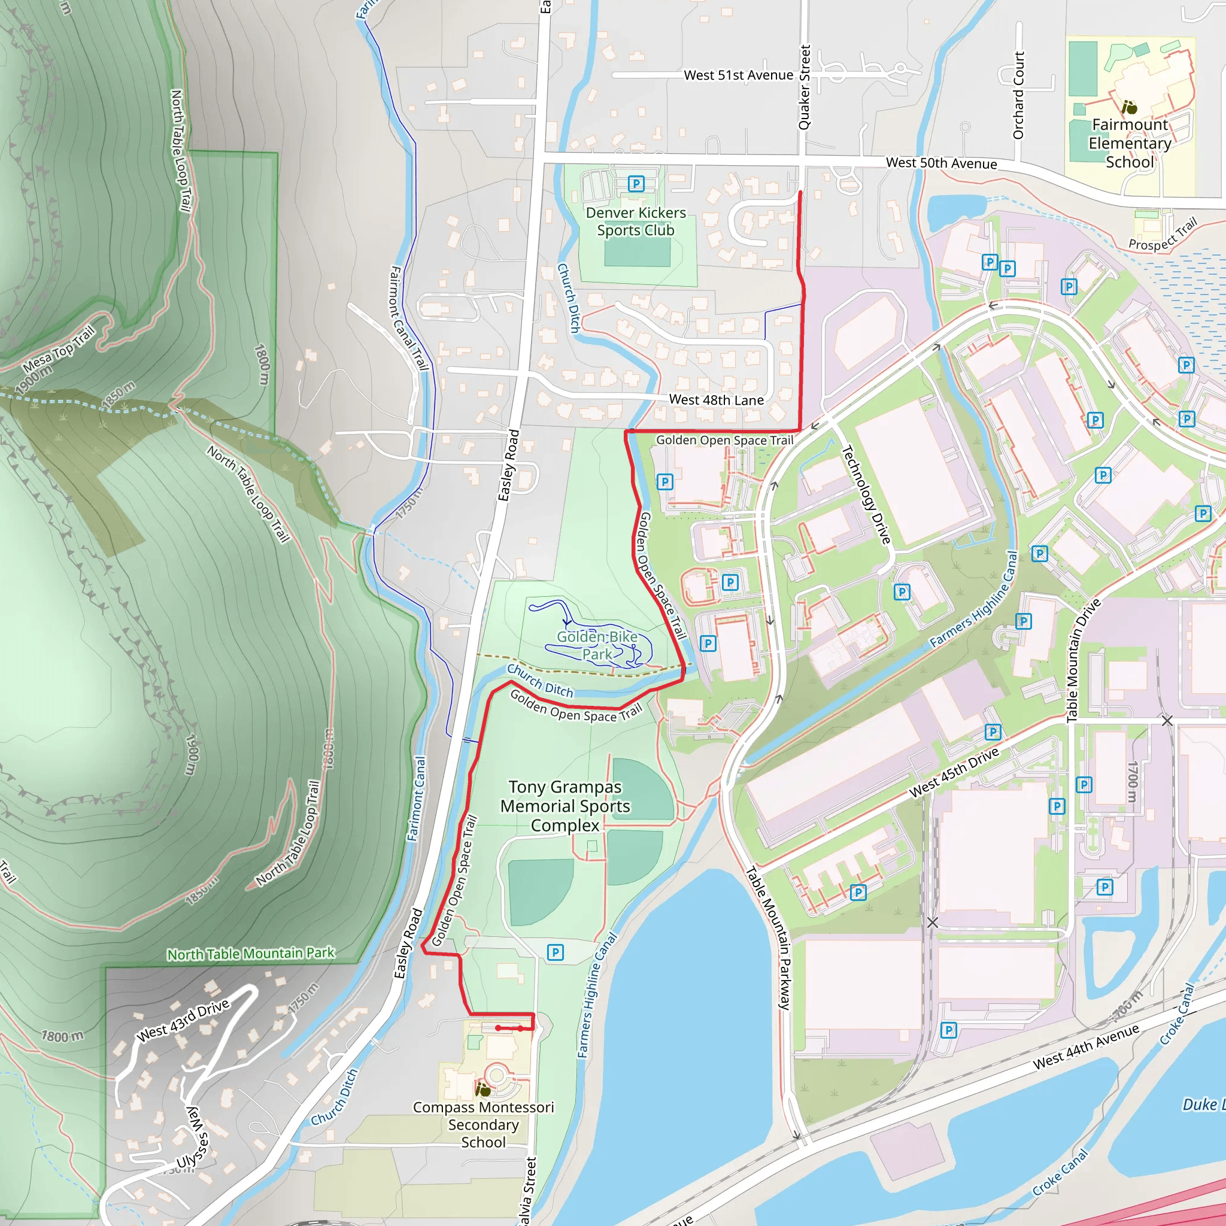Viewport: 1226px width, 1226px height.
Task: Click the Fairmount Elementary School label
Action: tap(1130, 144)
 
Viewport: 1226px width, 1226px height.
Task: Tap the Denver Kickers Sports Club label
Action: tap(635, 221)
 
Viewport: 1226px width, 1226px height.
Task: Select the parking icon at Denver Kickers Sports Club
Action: tap(636, 184)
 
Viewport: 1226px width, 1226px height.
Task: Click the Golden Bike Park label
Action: tap(597, 645)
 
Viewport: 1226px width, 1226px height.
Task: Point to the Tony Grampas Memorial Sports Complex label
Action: tap(565, 806)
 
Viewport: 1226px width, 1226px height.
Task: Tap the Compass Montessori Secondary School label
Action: tap(483, 1124)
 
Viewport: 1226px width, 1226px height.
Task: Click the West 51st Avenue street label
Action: tap(738, 75)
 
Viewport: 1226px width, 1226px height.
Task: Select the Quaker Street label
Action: tap(805, 87)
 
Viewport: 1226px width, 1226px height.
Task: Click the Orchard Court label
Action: tap(1018, 96)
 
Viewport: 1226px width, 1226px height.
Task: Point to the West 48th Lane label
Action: tap(716, 400)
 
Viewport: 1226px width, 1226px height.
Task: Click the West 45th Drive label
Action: tap(954, 772)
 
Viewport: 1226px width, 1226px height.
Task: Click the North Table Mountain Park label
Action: tap(251, 954)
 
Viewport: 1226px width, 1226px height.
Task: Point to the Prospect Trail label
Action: tap(1163, 233)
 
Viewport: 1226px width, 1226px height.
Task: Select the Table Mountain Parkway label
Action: tap(767, 938)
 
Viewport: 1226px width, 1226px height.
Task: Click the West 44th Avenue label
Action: tap(1086, 1047)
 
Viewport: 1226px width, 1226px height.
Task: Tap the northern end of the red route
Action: tap(800, 192)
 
